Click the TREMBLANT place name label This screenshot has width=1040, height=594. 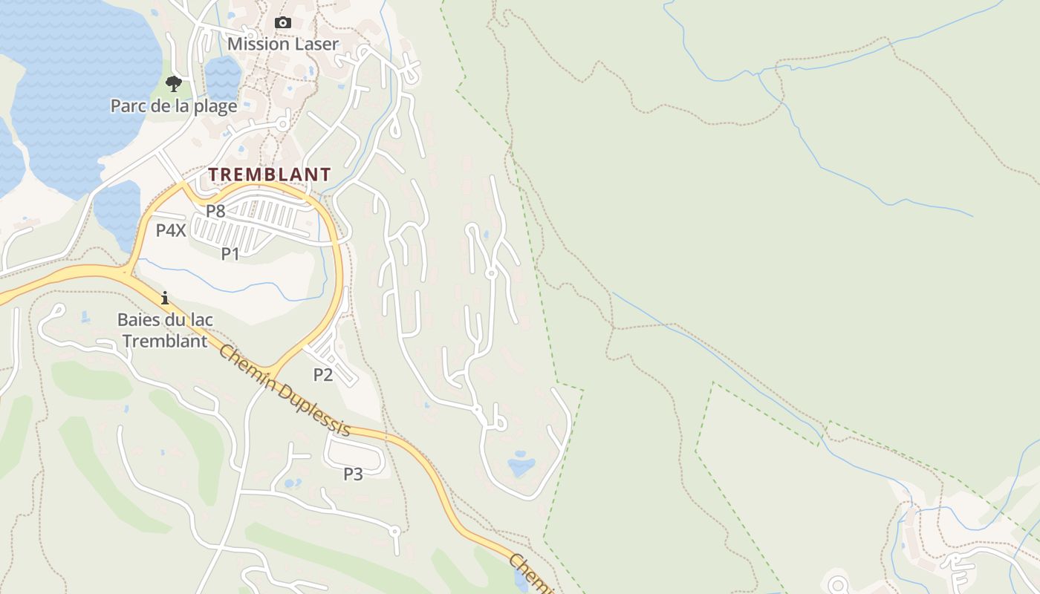tap(269, 174)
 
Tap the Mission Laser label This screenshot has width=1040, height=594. tap(282, 44)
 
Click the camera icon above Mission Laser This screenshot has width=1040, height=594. tap(282, 23)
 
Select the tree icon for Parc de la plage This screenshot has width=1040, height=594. tap(173, 84)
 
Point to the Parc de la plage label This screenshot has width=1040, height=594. tap(174, 106)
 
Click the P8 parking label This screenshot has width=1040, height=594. tap(215, 211)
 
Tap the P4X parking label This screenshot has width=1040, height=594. tap(171, 230)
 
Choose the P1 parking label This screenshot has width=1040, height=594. tap(230, 254)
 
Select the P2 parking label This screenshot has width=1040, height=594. tap(322, 375)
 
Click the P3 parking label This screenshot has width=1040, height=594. tap(353, 474)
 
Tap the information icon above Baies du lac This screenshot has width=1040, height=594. tap(165, 298)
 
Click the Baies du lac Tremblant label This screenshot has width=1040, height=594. tap(165, 331)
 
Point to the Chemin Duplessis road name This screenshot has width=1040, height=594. tap(284, 391)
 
